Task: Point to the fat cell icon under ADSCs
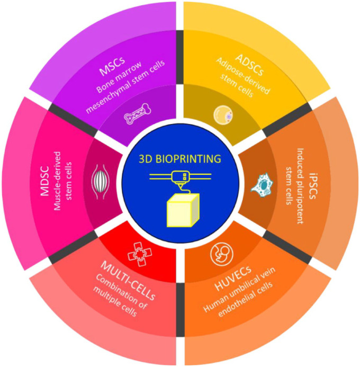coord(222,115)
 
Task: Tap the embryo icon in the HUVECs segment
coord(219,255)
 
